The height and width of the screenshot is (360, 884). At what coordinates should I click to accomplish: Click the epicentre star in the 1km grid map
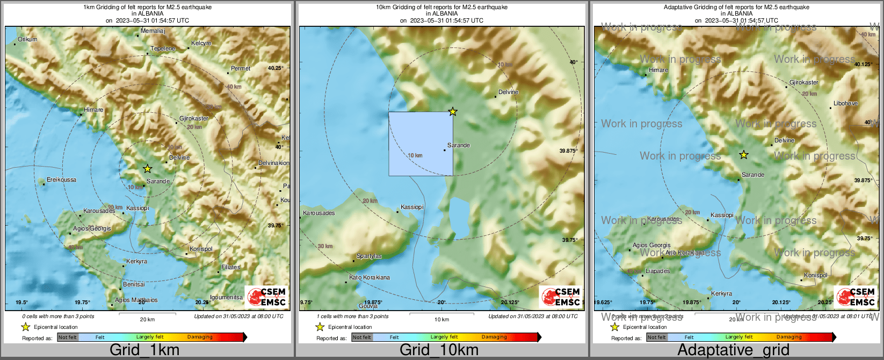pyautogui.click(x=148, y=169)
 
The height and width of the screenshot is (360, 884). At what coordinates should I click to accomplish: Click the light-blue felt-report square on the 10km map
pyautogui.click(x=421, y=143)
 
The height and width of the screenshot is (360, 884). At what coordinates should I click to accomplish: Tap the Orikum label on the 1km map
pyautogui.click(x=27, y=39)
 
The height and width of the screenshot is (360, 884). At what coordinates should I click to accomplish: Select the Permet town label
pyautogui.click(x=241, y=68)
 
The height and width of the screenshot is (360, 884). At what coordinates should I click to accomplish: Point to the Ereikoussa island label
pyautogui.click(x=62, y=180)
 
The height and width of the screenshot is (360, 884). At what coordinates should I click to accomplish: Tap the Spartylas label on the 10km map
pyautogui.click(x=369, y=256)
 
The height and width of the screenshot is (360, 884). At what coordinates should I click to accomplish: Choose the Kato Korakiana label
pyautogui.click(x=369, y=277)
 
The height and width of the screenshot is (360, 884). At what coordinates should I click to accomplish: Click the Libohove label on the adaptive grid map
pyautogui.click(x=845, y=103)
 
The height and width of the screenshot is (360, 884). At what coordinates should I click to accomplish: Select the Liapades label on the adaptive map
pyautogui.click(x=657, y=271)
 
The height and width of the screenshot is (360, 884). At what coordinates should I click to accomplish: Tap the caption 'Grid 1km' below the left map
pyautogui.click(x=144, y=350)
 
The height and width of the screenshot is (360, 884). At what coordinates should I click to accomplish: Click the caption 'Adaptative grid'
pyautogui.click(x=733, y=350)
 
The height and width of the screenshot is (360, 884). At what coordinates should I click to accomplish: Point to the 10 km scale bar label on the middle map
pyautogui.click(x=441, y=320)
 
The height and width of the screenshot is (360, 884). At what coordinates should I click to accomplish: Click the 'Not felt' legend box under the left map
pyautogui.click(x=68, y=337)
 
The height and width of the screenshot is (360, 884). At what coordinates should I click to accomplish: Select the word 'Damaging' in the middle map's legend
pyautogui.click(x=494, y=337)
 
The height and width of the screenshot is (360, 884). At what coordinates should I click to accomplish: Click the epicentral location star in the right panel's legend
pyautogui.click(x=614, y=327)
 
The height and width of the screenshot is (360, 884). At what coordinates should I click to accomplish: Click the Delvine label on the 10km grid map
pyautogui.click(x=508, y=92)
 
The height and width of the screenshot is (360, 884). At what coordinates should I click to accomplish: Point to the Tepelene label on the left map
pyautogui.click(x=163, y=48)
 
